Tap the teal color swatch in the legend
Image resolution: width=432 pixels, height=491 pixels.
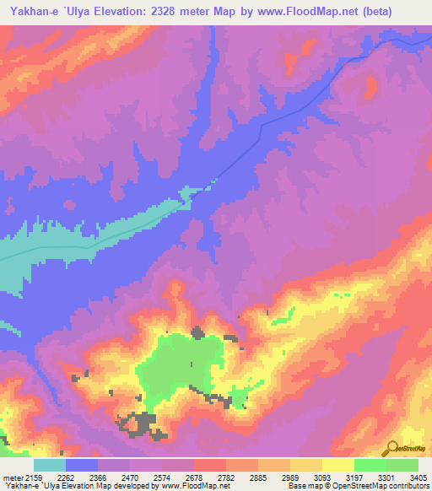point(49,465)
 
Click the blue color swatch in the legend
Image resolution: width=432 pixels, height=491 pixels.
point(81,465)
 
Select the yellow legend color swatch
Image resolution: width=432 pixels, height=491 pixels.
point(337,465)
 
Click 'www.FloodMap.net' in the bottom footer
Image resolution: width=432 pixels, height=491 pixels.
point(195,486)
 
